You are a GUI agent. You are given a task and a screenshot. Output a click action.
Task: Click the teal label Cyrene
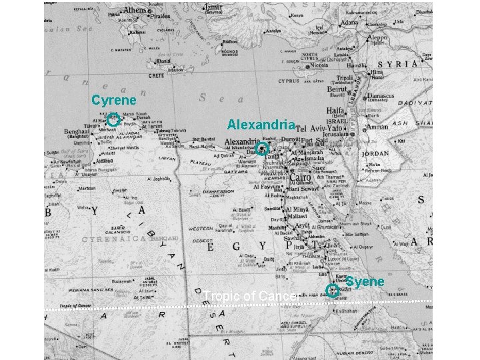(x=114, y=101)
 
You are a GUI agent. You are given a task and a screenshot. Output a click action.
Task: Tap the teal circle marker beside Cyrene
(x=113, y=121)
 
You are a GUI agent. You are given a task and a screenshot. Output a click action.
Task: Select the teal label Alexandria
(x=261, y=125)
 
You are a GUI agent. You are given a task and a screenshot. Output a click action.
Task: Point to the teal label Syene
(x=365, y=281)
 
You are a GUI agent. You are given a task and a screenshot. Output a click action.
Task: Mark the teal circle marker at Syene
(x=332, y=290)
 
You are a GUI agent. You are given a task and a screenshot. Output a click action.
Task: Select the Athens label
(x=134, y=11)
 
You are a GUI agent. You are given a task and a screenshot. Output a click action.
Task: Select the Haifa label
(x=337, y=111)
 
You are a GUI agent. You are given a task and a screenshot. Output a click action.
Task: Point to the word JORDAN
(x=376, y=153)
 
